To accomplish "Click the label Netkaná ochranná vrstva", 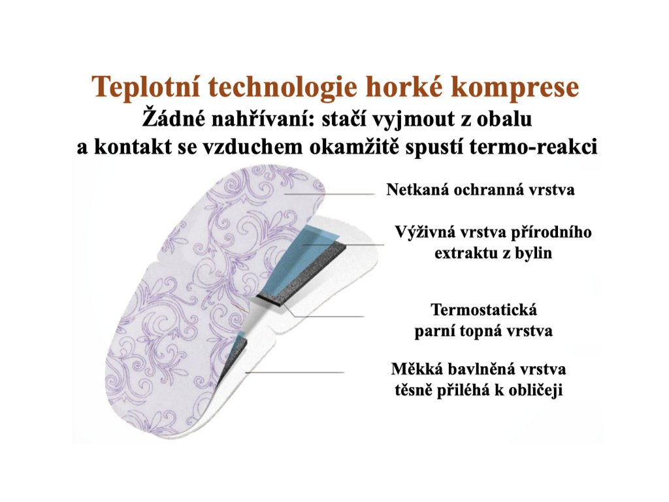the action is pos(480,190).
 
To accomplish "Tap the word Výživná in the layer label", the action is pos(427,233).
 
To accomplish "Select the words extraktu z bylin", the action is pos(493,253).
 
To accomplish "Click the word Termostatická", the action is pos(484,309).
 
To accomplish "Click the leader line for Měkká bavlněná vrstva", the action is pos(295,373).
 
